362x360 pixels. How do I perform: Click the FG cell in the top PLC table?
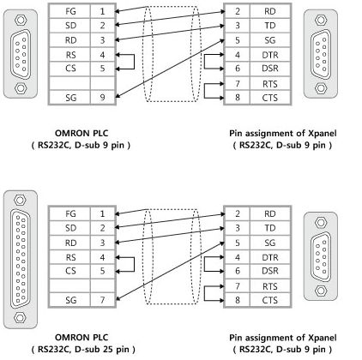click(x=70, y=11)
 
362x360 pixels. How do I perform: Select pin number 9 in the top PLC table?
click(x=102, y=98)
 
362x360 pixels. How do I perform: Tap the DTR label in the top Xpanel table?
click(x=270, y=55)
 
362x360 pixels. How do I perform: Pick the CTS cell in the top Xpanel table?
click(x=270, y=98)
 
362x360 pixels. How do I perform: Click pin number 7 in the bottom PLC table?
click(x=102, y=300)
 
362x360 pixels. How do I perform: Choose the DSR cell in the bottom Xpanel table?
click(x=270, y=271)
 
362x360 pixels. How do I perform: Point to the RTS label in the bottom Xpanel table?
click(x=270, y=286)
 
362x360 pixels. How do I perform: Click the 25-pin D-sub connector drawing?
click(x=21, y=259)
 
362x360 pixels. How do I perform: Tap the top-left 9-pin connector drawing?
click(x=21, y=54)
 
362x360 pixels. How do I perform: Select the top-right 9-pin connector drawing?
click(x=321, y=54)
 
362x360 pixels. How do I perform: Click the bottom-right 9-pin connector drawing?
click(x=321, y=256)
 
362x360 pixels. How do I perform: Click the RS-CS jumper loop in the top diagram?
click(x=134, y=62)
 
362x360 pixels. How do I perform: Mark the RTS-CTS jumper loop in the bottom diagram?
click(x=204, y=293)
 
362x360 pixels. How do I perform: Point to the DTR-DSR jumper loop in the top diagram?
click(x=204, y=62)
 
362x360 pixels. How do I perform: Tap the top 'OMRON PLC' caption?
click(x=81, y=134)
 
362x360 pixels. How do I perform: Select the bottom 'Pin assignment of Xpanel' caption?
click(x=283, y=338)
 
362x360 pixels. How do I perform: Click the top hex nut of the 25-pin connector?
click(x=20, y=200)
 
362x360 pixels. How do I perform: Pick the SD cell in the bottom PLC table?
click(x=70, y=228)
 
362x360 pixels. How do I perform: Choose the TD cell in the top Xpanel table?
click(x=270, y=26)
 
